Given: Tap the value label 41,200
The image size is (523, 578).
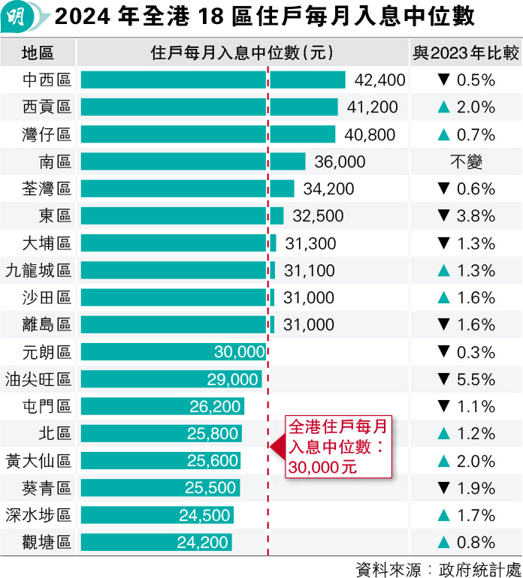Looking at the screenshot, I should pos(373,107).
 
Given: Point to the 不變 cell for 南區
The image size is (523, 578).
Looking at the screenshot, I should pos(466,161).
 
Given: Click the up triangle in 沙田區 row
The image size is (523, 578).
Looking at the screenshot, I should pos(443,298).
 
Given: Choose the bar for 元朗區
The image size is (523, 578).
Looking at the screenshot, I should pos(173,352).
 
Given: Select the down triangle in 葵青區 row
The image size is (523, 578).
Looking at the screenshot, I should pos(443,488).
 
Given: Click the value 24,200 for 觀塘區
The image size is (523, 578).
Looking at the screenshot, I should pos(203,542).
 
